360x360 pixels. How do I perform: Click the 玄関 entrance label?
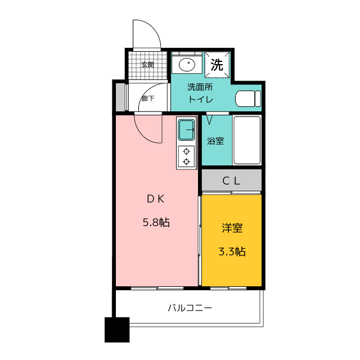[147, 65]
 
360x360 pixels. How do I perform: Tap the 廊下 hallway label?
[147, 98]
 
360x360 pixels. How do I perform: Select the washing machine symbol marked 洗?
[217, 65]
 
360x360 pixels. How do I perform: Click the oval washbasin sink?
[187, 64]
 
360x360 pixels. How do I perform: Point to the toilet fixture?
[248, 99]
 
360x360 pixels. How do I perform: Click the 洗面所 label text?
[200, 87]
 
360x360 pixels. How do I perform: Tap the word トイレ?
[201, 100]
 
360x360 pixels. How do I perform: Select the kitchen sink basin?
[186, 130]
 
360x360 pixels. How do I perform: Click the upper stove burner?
[186, 151]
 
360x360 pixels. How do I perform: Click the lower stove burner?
[186, 162]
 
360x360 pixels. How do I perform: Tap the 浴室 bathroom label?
[215, 141]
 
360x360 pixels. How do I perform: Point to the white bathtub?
[247, 140]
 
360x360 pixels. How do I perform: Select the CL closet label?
[231, 181]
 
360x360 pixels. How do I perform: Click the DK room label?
[156, 199]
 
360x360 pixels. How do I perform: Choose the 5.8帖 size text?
[156, 223]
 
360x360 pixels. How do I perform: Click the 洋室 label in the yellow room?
[232, 228]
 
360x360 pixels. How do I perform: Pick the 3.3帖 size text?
[232, 251]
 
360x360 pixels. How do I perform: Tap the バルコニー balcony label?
[190, 308]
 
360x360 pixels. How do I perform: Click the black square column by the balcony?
[117, 330]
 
